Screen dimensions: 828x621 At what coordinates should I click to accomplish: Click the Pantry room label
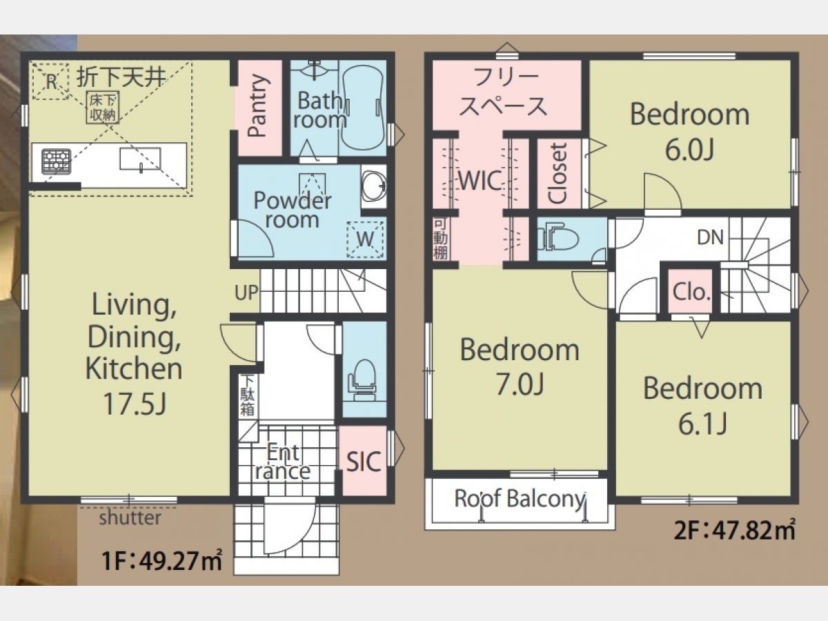click(x=258, y=106)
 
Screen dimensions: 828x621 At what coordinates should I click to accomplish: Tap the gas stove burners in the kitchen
click(x=57, y=161)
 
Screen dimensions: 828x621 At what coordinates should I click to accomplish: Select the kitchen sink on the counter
click(x=140, y=159)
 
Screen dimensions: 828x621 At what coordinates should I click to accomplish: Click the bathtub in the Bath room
click(x=362, y=108)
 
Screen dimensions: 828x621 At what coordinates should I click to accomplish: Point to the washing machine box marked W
click(x=365, y=239)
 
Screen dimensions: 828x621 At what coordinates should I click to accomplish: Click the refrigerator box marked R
click(x=50, y=81)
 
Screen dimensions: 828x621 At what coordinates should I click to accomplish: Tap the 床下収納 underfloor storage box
click(x=103, y=108)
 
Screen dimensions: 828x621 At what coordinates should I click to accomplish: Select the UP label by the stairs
click(x=246, y=292)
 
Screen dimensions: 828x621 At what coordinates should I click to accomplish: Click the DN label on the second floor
click(x=710, y=237)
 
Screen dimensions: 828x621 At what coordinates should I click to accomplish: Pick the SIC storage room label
click(x=364, y=461)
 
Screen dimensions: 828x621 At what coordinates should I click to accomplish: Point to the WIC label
click(x=480, y=181)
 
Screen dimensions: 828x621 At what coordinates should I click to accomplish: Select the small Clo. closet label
click(x=691, y=292)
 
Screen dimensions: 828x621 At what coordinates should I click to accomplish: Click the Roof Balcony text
click(x=520, y=498)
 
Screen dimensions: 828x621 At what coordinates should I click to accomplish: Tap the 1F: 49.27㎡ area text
click(x=162, y=560)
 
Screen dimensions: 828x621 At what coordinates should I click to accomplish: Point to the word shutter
click(x=130, y=517)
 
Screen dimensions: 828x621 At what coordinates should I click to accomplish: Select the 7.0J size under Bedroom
click(x=520, y=384)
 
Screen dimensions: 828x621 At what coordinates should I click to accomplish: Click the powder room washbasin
click(x=373, y=186)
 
